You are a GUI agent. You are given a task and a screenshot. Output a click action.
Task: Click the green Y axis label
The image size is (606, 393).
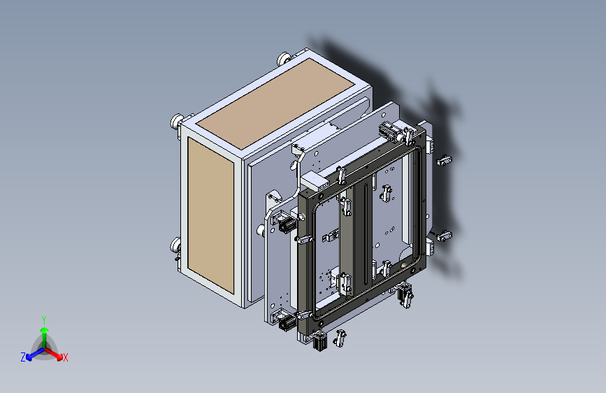44,319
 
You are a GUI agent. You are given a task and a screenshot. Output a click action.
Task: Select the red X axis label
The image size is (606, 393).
65,358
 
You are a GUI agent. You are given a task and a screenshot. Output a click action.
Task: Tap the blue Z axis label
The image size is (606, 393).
23,357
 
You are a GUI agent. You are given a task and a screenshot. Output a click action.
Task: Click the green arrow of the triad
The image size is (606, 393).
44,332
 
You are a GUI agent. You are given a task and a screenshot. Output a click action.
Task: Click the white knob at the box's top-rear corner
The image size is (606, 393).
284,59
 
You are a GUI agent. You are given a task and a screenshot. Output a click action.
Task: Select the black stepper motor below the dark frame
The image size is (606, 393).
321,341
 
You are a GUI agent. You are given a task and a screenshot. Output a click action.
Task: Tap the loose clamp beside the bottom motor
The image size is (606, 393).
341,338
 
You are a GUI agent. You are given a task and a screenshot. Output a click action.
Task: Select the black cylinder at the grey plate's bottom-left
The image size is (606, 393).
286,322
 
